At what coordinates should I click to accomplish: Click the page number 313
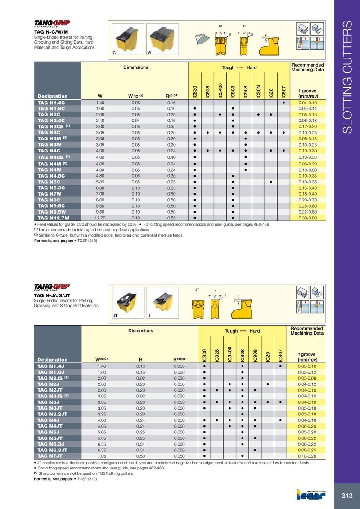pos(346,496)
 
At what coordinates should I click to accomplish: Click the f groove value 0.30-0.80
pos(308,218)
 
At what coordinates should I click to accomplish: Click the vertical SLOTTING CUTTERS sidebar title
pos(347,76)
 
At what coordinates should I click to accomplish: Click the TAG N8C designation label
pos(49,199)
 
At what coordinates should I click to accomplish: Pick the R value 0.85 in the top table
pos(171,218)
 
